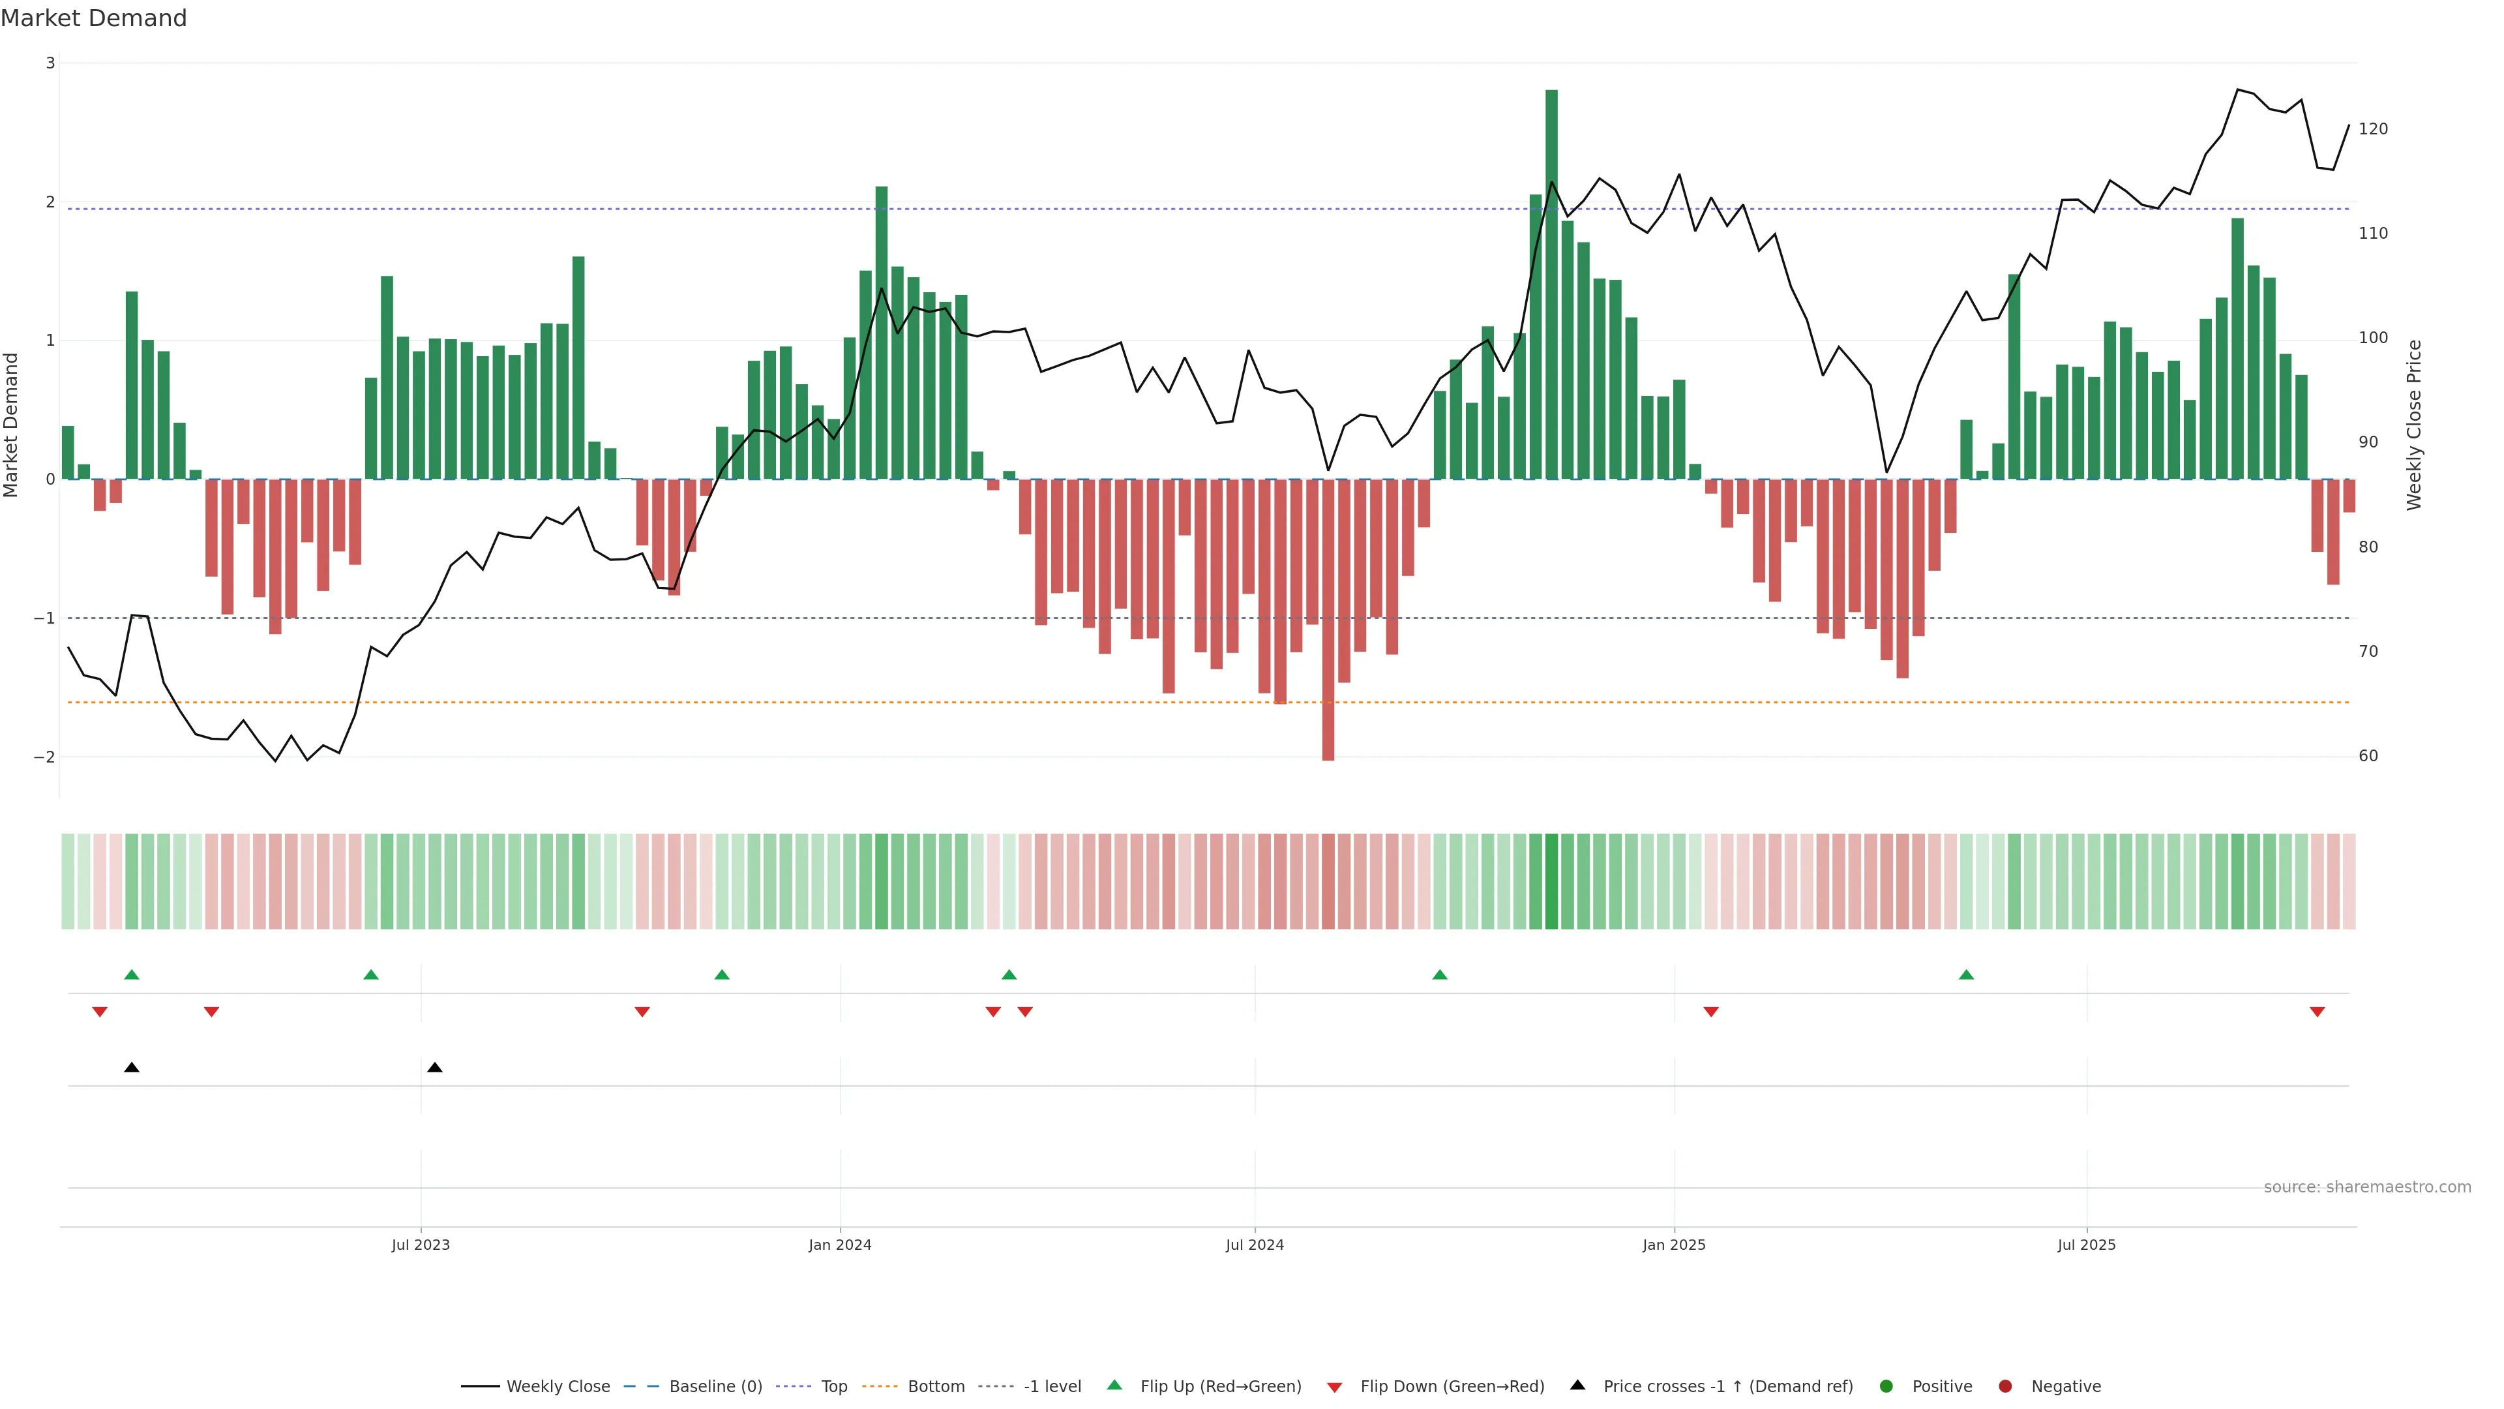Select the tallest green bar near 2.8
tap(1551, 282)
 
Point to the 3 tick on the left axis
tap(50, 63)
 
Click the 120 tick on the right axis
tap(2373, 129)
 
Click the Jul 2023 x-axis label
tap(421, 1245)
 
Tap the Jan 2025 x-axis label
tap(1674, 1245)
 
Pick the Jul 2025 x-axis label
tap(2086, 1245)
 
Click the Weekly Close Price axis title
tap(2415, 425)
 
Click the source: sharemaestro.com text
tap(2367, 1187)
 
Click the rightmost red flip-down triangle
tap(2318, 1012)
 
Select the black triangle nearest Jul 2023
tap(434, 1068)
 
